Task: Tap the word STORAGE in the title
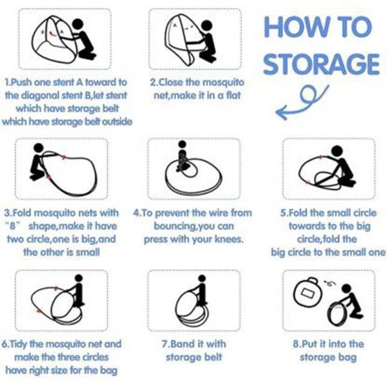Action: tap(321, 64)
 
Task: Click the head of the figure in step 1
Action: tap(78, 24)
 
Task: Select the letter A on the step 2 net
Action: tap(175, 25)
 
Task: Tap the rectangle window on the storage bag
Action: tap(307, 293)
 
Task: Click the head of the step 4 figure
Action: tap(182, 144)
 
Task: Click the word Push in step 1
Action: tap(22, 82)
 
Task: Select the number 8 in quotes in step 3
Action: tap(12, 226)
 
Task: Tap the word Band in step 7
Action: tap(182, 344)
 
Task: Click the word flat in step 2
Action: tap(233, 95)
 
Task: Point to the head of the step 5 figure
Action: tap(337, 151)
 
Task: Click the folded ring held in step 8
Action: tap(337, 314)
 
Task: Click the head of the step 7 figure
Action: tap(202, 279)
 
